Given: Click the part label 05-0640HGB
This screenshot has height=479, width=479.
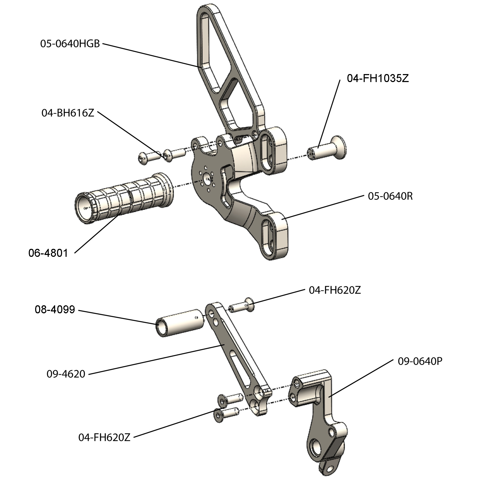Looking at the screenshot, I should click(x=70, y=43).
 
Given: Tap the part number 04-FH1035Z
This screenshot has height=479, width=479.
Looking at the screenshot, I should click(x=377, y=78).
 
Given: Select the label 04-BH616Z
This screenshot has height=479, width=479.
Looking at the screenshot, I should click(x=68, y=113).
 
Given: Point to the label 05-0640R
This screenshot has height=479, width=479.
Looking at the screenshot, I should click(x=390, y=196).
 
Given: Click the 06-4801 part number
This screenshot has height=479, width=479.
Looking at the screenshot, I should click(x=48, y=253).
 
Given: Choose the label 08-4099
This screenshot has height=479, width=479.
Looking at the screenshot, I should click(x=55, y=309).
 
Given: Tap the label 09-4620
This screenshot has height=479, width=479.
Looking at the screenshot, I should click(x=66, y=374).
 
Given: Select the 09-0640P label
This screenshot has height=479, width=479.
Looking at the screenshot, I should click(x=420, y=361).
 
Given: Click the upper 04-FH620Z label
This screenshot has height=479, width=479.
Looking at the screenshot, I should click(x=335, y=290).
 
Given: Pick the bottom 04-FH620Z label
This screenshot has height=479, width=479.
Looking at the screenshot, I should click(x=104, y=437).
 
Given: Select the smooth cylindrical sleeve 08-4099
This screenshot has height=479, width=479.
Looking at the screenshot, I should click(x=181, y=322).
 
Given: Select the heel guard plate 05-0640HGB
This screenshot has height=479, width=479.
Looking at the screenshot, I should click(x=229, y=75).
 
